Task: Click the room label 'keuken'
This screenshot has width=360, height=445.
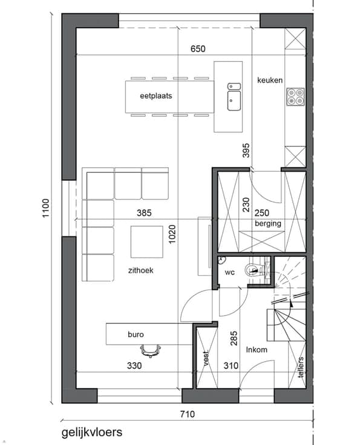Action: click(270, 80)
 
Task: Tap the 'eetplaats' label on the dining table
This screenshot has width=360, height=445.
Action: click(156, 96)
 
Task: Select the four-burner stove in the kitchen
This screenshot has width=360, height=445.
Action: click(295, 97)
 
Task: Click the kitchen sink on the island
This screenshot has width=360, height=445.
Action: click(234, 97)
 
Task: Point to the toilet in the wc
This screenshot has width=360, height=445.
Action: click(254, 269)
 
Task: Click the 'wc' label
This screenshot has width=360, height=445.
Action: click(230, 273)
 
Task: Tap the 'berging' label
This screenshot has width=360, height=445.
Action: click(268, 224)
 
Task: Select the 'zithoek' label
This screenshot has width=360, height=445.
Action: click(141, 270)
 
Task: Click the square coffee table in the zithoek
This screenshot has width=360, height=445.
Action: click(147, 242)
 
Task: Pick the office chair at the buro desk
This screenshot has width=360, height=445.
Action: click(151, 351)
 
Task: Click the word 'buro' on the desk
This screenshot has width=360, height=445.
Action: click(136, 334)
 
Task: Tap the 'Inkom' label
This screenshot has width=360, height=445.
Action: click(257, 349)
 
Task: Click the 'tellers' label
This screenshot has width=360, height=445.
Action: click(301, 367)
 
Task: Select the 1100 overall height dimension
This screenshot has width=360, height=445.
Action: click(46, 208)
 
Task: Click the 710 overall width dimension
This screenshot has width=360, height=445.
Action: click(188, 414)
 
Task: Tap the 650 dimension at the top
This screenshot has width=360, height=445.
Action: click(198, 49)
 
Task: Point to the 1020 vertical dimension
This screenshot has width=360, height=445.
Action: click(172, 234)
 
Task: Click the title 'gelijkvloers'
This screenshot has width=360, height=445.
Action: click(92, 433)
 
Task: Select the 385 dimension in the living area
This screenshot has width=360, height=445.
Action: click(144, 213)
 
